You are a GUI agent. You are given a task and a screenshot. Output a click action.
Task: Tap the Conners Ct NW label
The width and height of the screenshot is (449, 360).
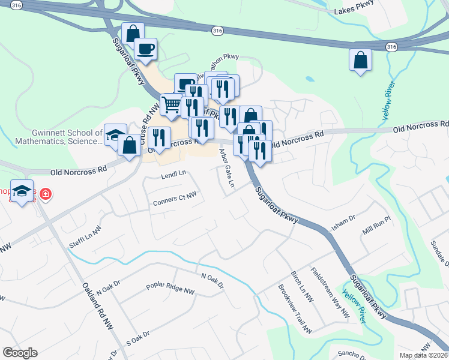[x=175, y=197]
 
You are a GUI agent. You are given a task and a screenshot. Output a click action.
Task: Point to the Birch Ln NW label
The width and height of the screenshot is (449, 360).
[x=302, y=285]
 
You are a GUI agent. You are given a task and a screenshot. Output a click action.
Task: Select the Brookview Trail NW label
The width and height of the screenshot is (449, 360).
[x=295, y=309]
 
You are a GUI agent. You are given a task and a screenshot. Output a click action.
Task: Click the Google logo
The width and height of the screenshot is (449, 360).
[x=20, y=353]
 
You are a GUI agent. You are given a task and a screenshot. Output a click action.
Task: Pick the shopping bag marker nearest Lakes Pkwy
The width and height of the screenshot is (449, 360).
[x=360, y=59]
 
